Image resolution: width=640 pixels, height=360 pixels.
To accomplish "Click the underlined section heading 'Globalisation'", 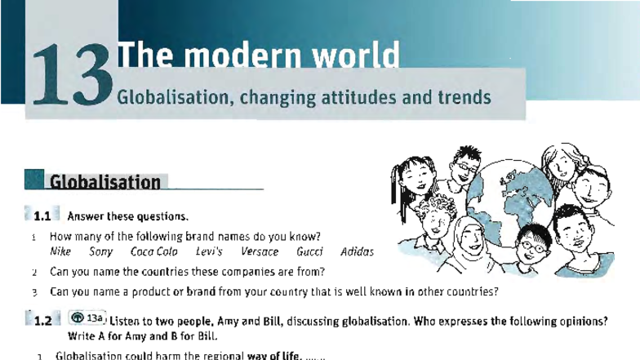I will coord(104,182).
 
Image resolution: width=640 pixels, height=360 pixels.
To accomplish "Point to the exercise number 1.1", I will coord(42,217).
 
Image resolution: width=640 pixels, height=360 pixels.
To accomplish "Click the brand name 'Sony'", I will coord(102,252).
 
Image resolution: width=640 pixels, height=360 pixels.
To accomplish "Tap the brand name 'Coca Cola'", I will coord(154,252).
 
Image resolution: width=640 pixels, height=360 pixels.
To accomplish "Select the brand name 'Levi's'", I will coord(210,252).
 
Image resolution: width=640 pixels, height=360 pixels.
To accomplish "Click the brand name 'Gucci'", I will coord(309,252).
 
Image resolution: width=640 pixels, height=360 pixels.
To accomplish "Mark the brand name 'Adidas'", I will coord(357,252).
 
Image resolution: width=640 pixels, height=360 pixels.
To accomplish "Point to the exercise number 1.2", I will coord(42,321).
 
